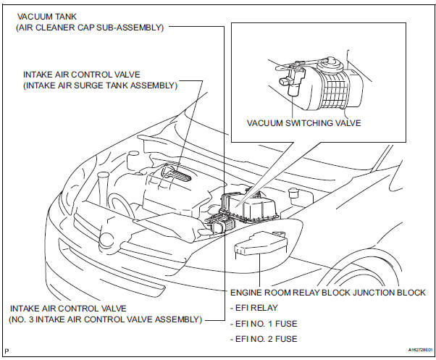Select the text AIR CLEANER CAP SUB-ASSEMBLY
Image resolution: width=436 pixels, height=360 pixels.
click(x=91, y=28)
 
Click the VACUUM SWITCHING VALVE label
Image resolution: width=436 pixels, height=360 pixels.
click(x=303, y=123)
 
